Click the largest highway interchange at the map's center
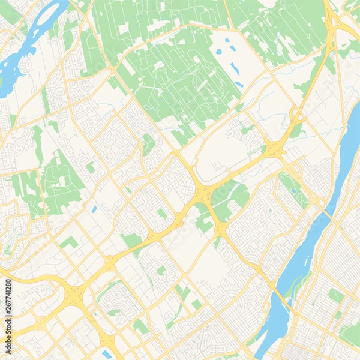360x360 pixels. click(x=202, y=193)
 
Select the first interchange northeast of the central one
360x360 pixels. click(x=275, y=148)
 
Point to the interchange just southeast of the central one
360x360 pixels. click(x=220, y=228)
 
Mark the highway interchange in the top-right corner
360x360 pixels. click(x=333, y=24)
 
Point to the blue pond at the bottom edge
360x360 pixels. click(x=107, y=354)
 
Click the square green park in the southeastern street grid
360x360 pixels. click(x=335, y=295)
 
